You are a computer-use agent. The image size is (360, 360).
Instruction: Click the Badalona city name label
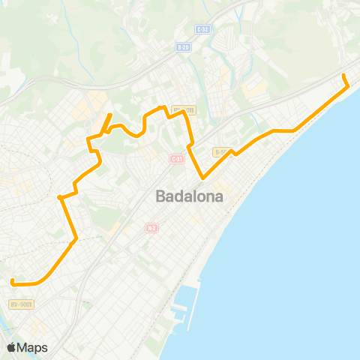194,196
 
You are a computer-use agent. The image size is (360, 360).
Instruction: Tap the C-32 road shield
201,29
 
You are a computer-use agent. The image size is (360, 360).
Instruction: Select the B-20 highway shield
182,47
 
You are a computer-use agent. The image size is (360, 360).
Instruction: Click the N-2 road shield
151,228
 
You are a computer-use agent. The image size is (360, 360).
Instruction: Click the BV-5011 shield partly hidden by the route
184,109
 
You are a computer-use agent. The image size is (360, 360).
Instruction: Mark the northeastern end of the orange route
344,76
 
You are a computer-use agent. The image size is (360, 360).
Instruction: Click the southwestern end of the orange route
13,281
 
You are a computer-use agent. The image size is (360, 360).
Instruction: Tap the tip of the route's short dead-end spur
111,115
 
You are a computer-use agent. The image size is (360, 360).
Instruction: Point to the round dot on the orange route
59,198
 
